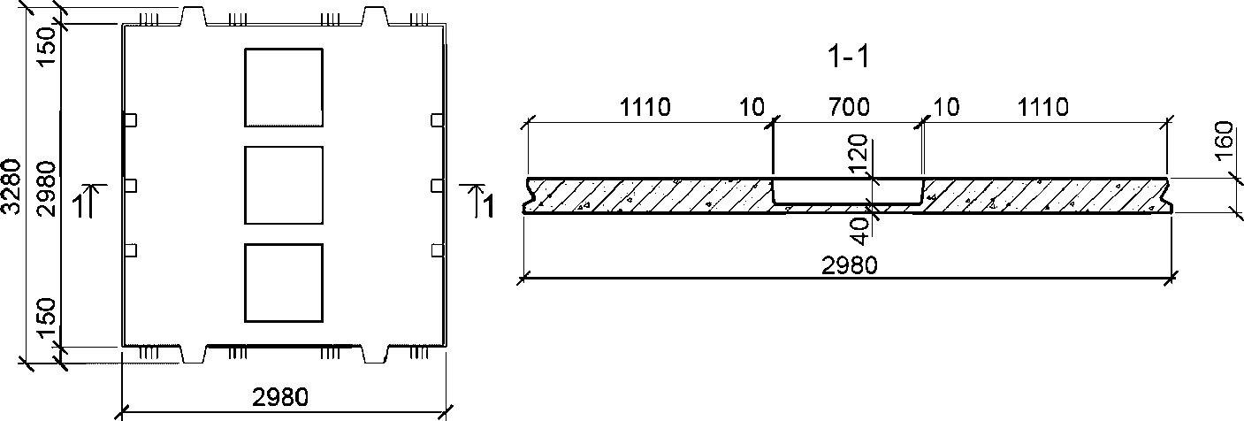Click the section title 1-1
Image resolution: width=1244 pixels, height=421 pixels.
point(848,57)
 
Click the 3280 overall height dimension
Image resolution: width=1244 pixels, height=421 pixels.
point(11,186)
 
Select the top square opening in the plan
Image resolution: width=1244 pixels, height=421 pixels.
point(284,88)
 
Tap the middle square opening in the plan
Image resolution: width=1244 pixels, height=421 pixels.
point(284,185)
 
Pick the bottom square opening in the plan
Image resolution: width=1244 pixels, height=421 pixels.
point(284,283)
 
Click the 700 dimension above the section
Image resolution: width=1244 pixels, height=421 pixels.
point(849,107)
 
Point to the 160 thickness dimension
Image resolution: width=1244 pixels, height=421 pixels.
point(1224,142)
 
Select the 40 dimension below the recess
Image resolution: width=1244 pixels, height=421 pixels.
point(859,232)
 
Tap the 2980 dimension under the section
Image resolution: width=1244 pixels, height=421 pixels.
point(850,265)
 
